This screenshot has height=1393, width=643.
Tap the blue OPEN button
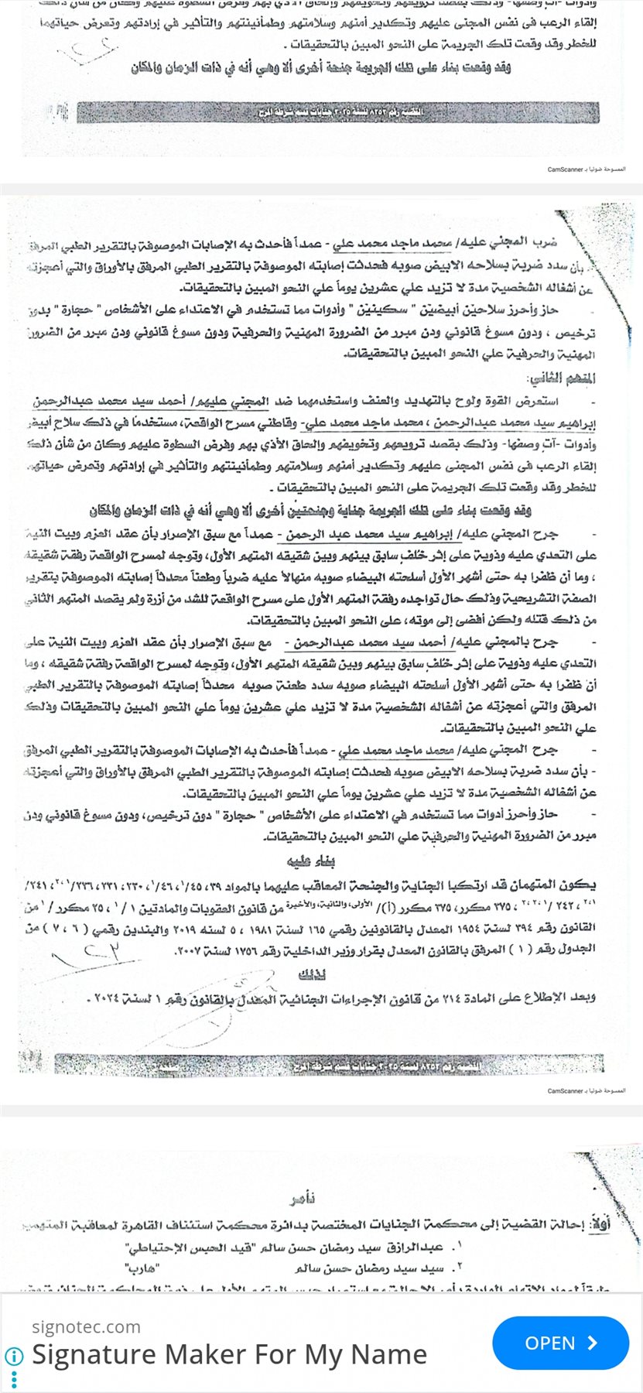[560, 1343]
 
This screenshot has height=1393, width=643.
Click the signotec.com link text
[86, 1326]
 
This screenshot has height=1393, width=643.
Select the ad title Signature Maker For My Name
[229, 1354]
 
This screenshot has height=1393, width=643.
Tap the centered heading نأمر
[303, 1200]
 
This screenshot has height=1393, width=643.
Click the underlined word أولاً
[600, 1224]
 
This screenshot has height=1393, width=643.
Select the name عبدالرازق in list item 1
[426, 1248]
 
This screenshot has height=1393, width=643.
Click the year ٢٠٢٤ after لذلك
[110, 998]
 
